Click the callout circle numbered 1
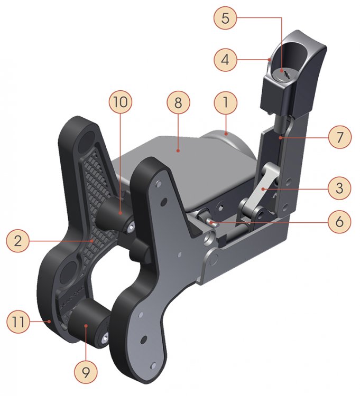226,104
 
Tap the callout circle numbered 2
19,241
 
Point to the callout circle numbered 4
226,60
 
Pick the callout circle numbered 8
178,104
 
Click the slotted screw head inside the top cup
284,74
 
